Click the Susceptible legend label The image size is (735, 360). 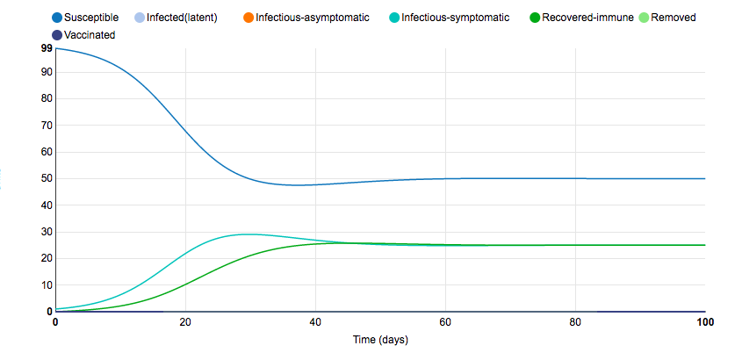(91, 18)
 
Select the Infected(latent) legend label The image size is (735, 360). (182, 18)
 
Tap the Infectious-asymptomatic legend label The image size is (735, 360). (313, 18)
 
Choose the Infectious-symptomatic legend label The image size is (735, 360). (455, 18)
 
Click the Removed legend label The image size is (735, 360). (673, 18)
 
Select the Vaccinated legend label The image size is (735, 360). (90, 34)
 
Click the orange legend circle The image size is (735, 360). (247, 18)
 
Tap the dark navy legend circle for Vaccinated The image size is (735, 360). (57, 34)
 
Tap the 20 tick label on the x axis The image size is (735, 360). (186, 323)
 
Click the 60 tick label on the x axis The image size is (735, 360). (446, 323)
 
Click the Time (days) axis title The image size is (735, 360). (379, 339)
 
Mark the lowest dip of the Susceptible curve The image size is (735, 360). (299, 185)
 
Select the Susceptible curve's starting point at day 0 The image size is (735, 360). (56, 48)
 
